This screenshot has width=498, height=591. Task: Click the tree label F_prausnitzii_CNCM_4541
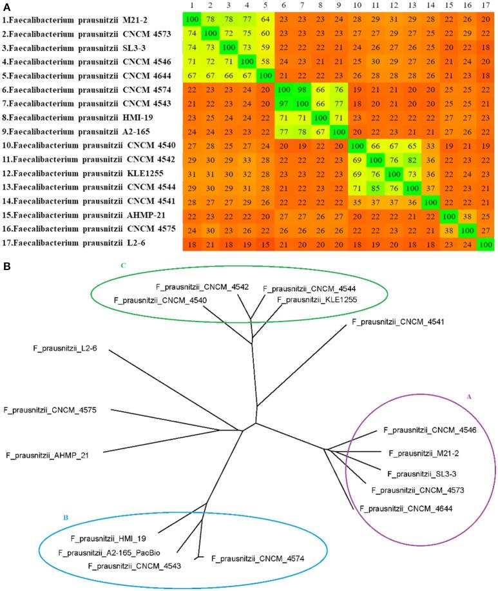[399, 320]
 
